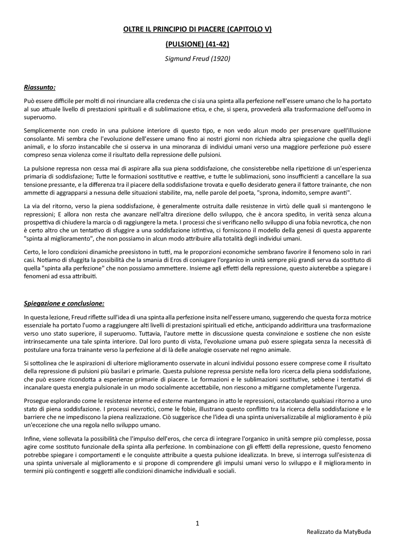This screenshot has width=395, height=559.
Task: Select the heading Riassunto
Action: pyautogui.click(x=39, y=87)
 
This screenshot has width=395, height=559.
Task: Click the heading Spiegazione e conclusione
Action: pyautogui.click(x=64, y=303)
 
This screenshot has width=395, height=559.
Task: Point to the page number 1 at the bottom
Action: pyautogui.click(x=197, y=523)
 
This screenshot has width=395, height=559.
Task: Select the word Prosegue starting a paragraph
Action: pyautogui.click(x=35, y=401)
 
